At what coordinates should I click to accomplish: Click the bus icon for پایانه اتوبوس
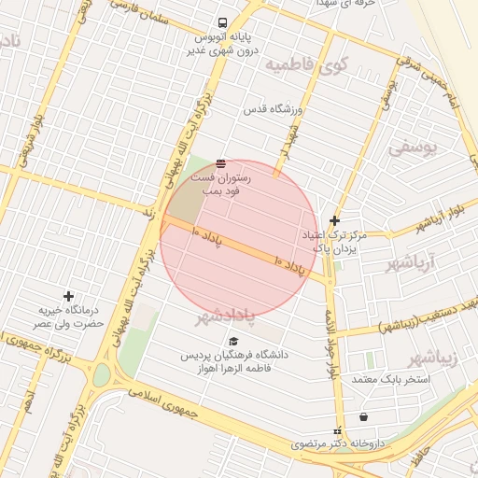tap(222, 23)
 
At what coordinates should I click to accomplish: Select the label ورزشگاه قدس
tap(274, 109)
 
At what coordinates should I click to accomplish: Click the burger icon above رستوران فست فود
tap(220, 162)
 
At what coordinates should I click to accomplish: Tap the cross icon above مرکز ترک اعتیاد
tap(334, 220)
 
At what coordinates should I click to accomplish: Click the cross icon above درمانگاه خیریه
tap(67, 296)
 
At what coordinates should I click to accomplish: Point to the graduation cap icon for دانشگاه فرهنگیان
tap(234, 342)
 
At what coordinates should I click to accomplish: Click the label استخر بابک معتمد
tap(391, 380)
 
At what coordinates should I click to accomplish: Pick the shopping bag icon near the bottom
tap(362, 417)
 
